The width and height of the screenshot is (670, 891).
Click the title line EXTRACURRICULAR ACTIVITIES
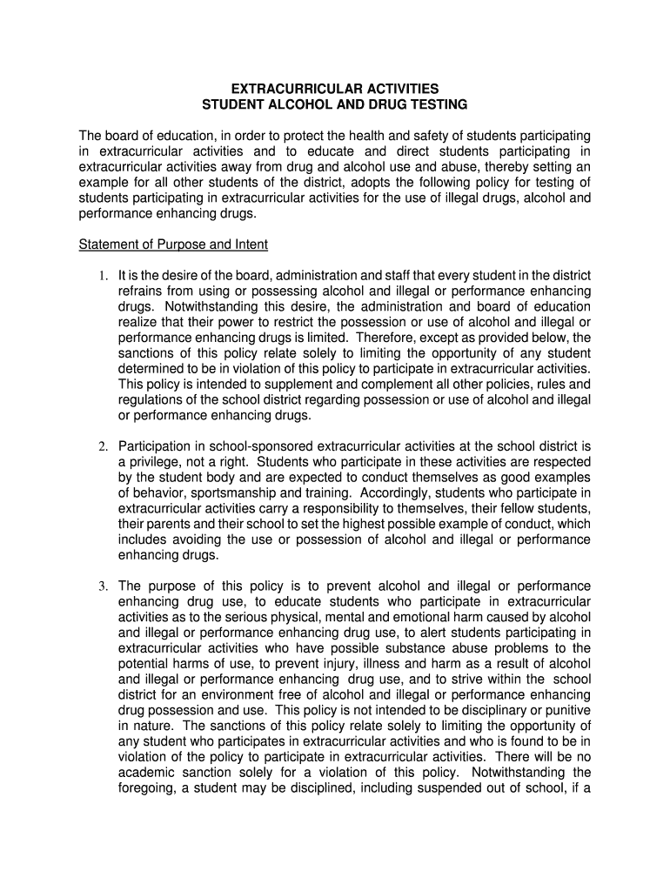point(334,89)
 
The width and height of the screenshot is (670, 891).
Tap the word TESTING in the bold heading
point(436,104)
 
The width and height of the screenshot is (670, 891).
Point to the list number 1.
point(102,276)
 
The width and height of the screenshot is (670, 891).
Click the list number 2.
point(102,446)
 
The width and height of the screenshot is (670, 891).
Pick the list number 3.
point(102,586)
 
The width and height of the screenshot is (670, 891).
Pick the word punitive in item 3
point(565,710)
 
